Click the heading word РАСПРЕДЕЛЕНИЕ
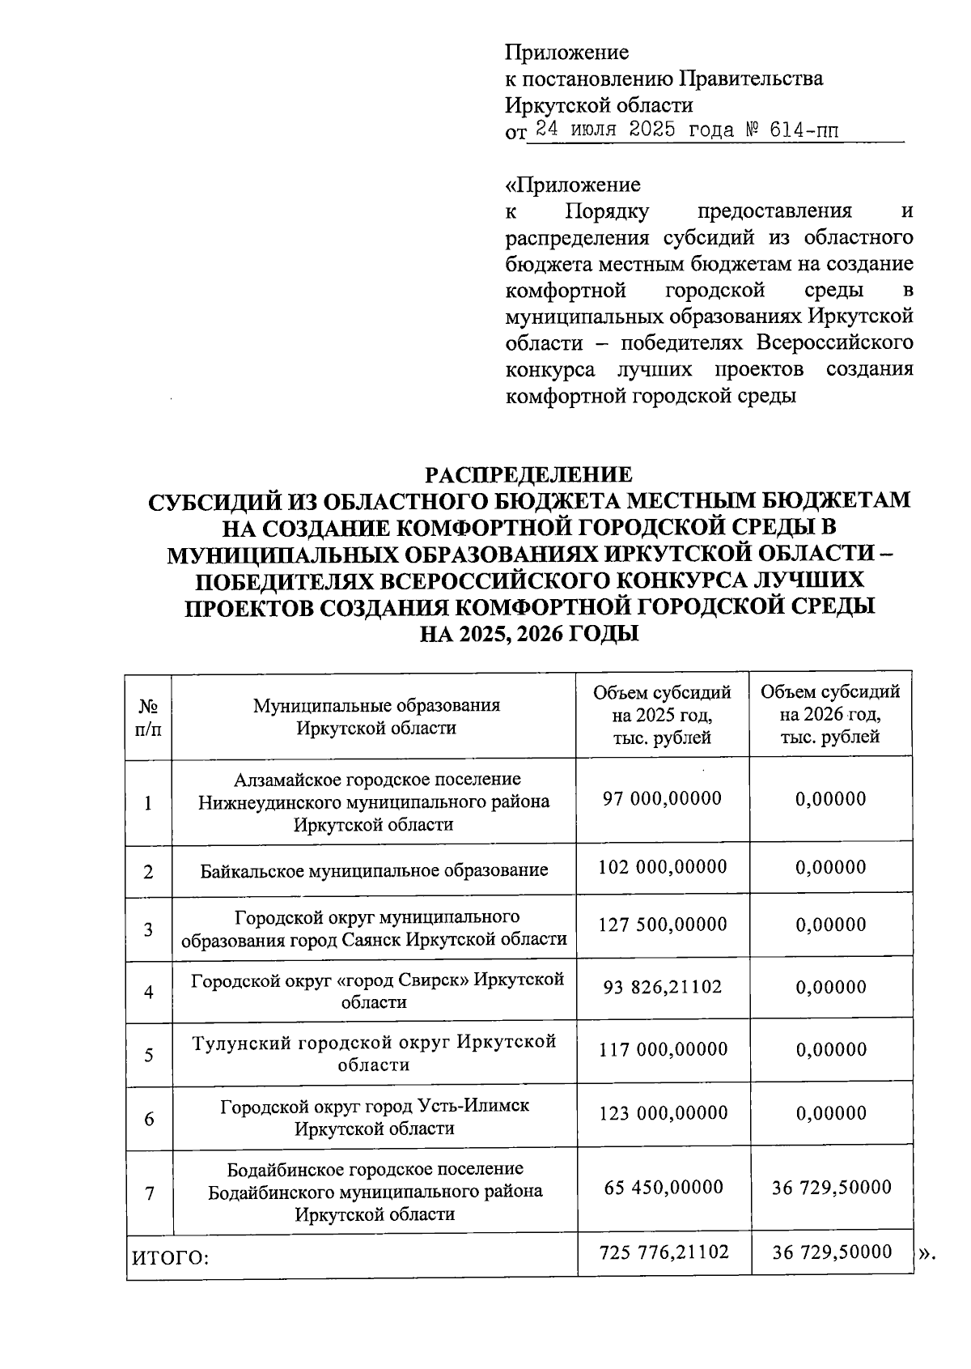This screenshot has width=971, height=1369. pyautogui.click(x=529, y=474)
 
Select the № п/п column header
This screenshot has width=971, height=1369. pyautogui.click(x=148, y=716)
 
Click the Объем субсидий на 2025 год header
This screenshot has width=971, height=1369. pyautogui.click(x=662, y=715)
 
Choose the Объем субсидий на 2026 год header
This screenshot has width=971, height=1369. pyautogui.click(x=830, y=715)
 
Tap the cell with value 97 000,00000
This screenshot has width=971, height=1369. pyautogui.click(x=662, y=799)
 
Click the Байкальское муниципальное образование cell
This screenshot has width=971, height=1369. pyautogui.click(x=374, y=870)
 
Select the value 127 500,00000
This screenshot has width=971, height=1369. pyautogui.click(x=662, y=925)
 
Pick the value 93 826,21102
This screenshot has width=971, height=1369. pyautogui.click(x=662, y=987)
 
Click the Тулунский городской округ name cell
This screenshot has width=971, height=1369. pyautogui.click(x=374, y=1052)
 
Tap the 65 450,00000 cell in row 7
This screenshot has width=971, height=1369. pyautogui.click(x=662, y=1188)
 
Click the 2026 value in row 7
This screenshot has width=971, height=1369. pyautogui.click(x=830, y=1188)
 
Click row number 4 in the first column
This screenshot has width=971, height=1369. pyautogui.click(x=148, y=992)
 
